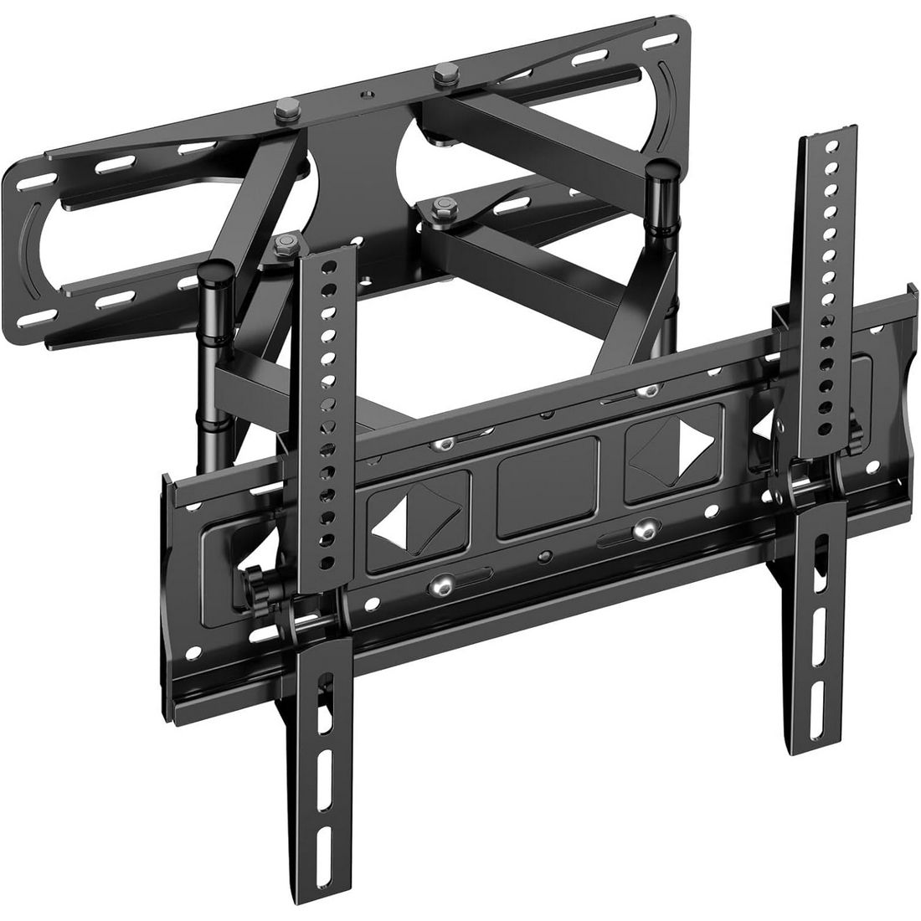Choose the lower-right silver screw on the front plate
tap(644, 528)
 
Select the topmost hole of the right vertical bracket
tap(831, 144)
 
